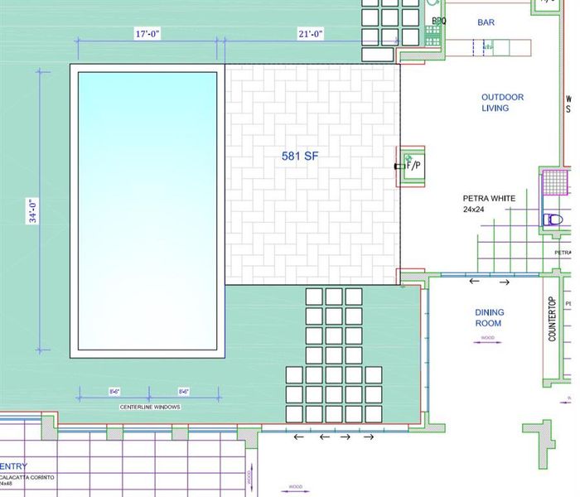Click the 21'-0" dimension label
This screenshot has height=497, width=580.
311,34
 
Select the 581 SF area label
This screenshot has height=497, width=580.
301,155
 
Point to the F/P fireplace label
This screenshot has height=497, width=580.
413,166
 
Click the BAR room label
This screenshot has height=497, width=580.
486,22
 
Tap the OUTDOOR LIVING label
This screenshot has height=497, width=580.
502,103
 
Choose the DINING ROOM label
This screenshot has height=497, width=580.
489,318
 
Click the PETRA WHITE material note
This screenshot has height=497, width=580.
489,199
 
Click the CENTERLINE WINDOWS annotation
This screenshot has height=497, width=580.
150,408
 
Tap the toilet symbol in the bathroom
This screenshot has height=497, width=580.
553,220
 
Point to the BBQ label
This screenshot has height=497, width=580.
439,22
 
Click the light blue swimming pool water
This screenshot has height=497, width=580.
147,210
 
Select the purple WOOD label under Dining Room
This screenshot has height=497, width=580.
488,338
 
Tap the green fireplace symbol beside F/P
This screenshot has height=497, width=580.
408,157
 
